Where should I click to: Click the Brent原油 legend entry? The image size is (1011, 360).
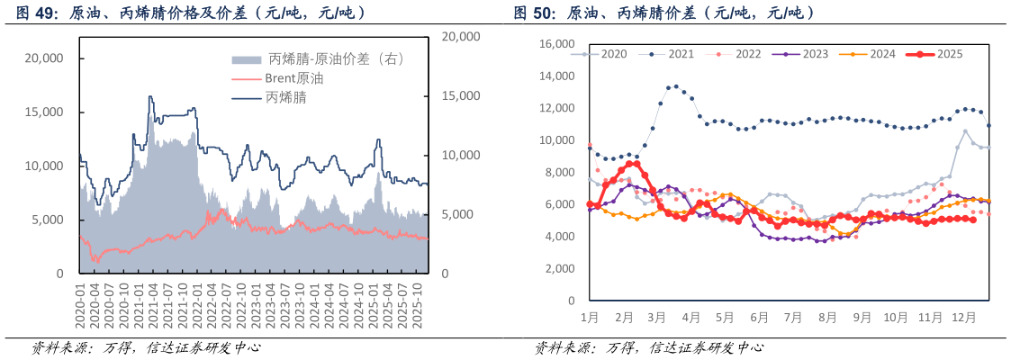(x=294, y=78)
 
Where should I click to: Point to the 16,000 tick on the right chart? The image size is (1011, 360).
(x=555, y=44)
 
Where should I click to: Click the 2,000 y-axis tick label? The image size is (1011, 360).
(x=559, y=269)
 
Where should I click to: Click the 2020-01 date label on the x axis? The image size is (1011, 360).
(x=80, y=306)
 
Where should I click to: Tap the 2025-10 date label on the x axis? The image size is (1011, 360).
(x=419, y=306)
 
